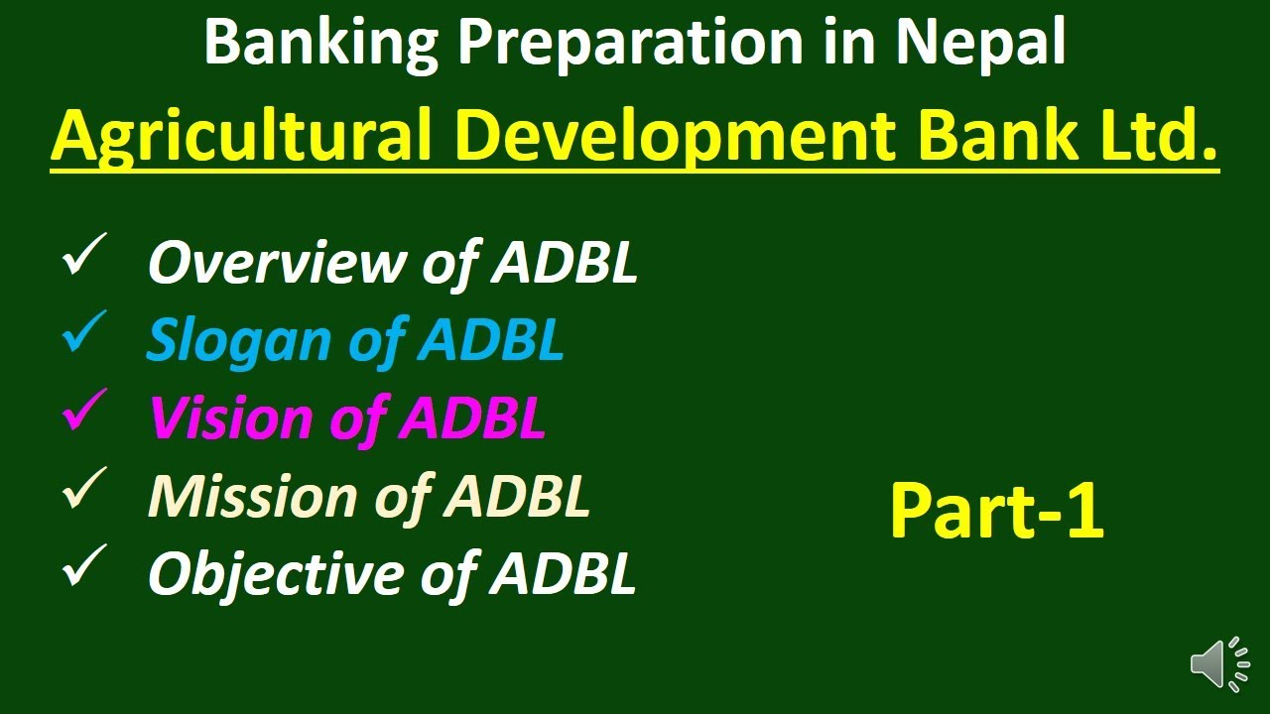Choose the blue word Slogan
pos(238,340)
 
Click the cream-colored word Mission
pos(252,495)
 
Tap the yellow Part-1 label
pos(996,511)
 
